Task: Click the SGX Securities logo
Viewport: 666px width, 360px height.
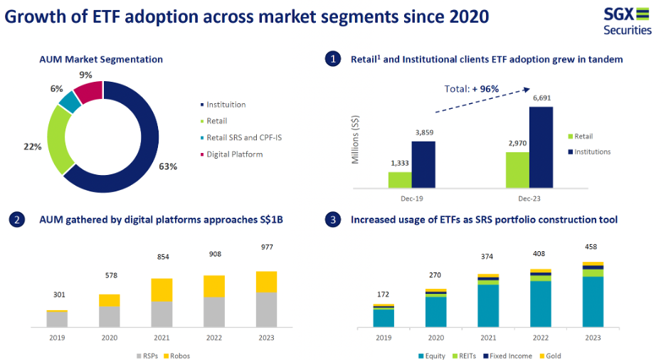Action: (627, 21)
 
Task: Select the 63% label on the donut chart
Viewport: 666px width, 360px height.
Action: (168, 166)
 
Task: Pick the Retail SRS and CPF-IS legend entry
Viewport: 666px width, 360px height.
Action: (240, 137)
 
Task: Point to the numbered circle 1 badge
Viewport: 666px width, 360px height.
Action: (333, 59)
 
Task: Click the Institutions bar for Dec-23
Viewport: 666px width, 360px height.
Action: (541, 147)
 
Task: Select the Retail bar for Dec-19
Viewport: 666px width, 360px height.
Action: (400, 180)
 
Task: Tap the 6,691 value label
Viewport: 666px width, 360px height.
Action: (541, 98)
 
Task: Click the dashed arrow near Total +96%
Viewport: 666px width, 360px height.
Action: (483, 100)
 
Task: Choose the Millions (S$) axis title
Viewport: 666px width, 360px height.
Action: (355, 139)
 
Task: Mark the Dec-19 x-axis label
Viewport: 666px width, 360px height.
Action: (411, 198)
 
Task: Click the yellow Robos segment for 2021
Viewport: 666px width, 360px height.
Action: (162, 290)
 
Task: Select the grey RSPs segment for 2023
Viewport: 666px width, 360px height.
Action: (266, 310)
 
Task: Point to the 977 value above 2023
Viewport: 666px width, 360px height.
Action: (267, 247)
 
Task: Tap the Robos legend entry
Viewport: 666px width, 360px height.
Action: (176, 356)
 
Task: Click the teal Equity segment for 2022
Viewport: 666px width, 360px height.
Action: (541, 305)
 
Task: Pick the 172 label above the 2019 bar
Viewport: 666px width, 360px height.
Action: (383, 295)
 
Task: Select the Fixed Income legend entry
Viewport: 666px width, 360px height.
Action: (507, 356)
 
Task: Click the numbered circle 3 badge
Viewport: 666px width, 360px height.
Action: (333, 219)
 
